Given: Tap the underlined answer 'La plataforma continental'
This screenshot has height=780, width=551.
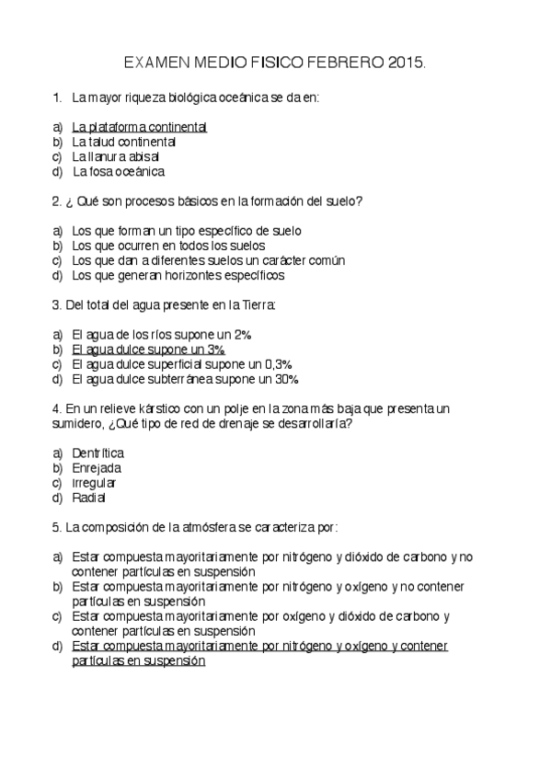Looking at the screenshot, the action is [139, 127].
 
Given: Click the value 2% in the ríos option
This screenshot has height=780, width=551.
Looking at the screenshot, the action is [242, 335].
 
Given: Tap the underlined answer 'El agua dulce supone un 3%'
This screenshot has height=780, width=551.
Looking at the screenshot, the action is [148, 350].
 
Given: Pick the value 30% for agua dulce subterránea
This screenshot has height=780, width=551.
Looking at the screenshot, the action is [286, 379].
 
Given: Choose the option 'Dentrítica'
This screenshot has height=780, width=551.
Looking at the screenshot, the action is [98, 453].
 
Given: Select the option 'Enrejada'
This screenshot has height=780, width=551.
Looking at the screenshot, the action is [96, 468].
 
